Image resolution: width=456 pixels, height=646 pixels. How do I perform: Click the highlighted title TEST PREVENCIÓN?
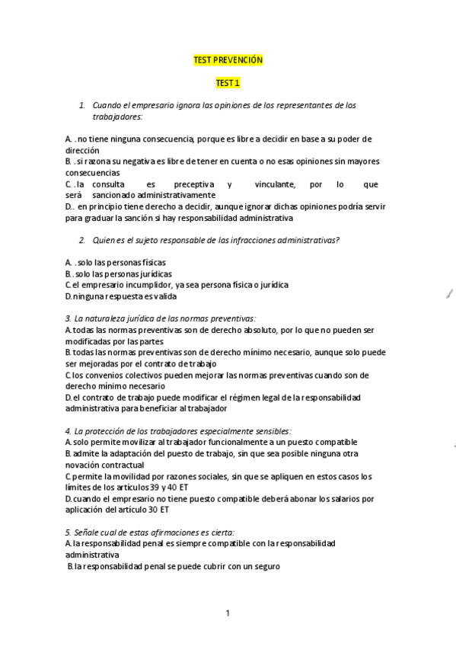228,59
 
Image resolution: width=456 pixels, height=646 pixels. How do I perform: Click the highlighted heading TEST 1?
228,82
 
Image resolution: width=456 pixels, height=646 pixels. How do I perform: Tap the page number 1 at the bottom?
227,612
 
